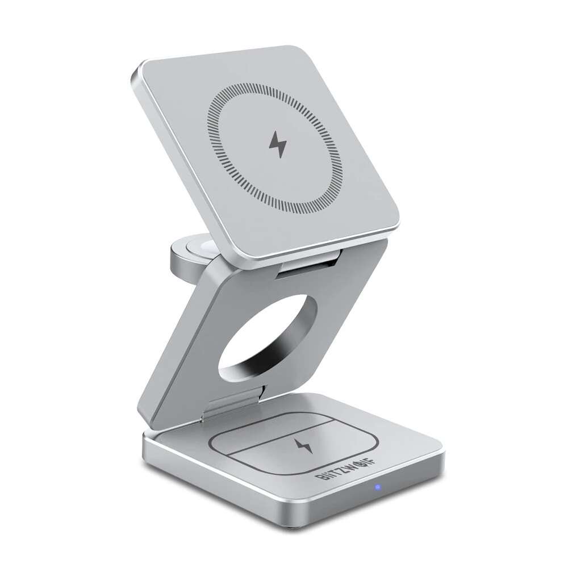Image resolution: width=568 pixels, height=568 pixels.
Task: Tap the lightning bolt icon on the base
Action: [304, 445]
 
